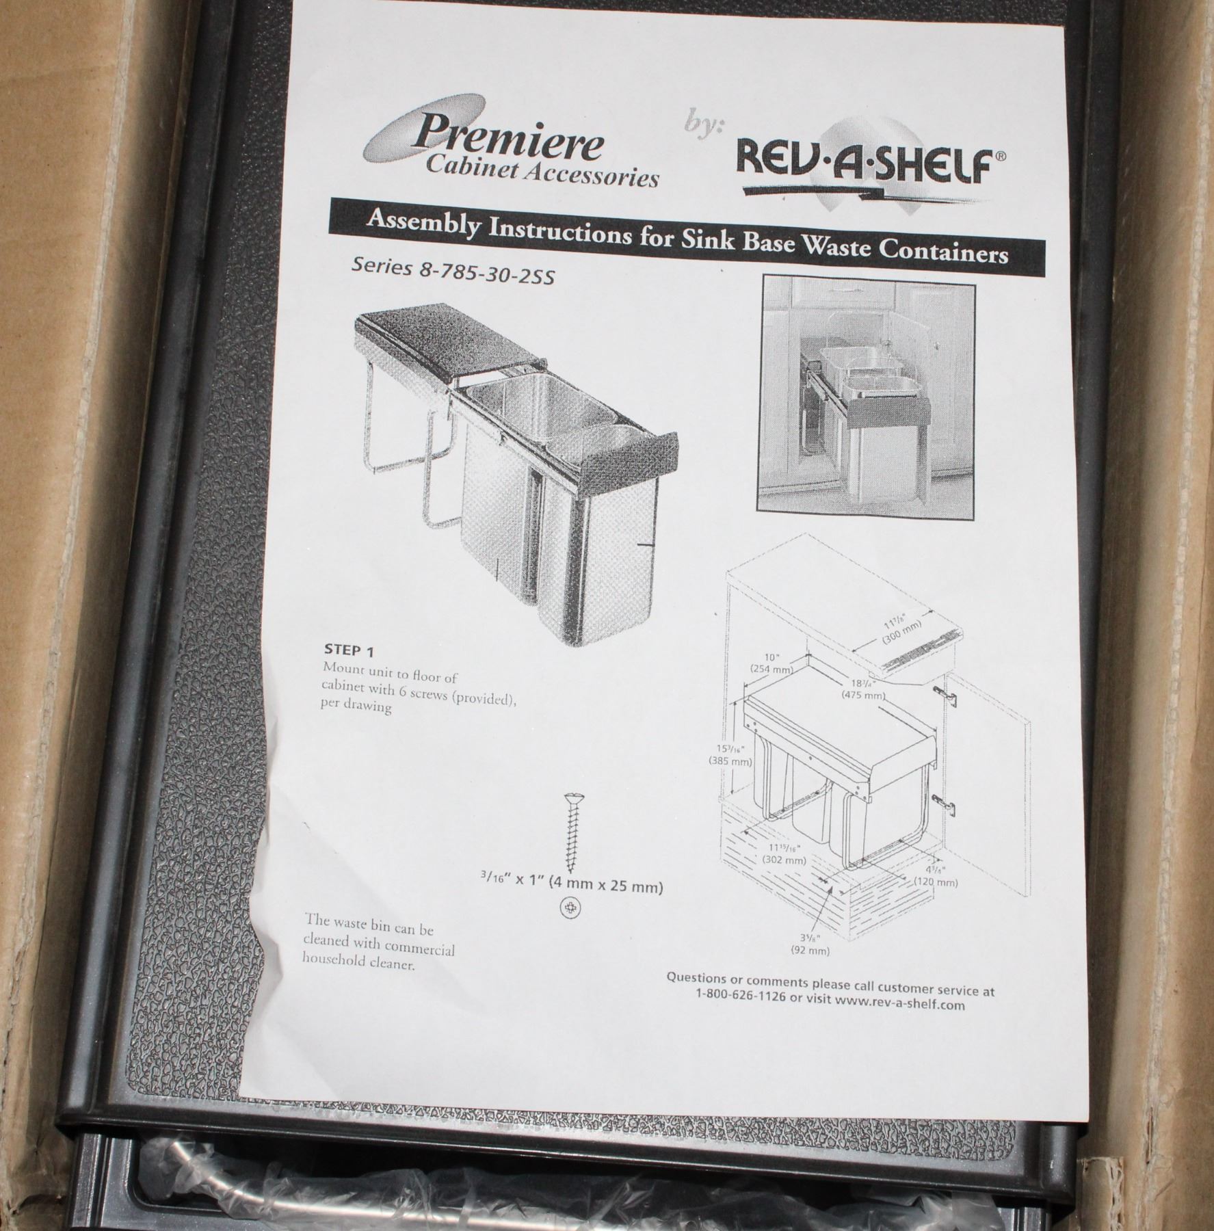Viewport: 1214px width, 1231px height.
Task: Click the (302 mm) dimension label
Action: (x=784, y=860)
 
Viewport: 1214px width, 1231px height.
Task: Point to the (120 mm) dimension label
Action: (x=936, y=882)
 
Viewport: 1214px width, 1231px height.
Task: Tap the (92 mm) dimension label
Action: (x=810, y=951)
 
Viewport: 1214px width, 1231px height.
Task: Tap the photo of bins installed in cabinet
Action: (x=865, y=395)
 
